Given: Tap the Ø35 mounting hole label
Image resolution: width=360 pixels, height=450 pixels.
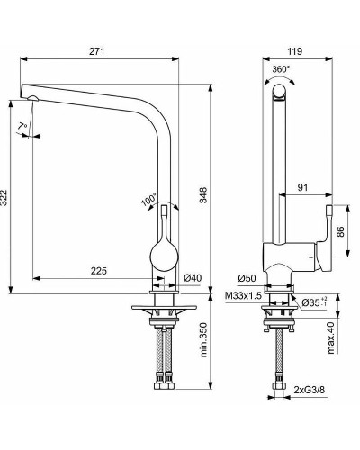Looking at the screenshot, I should [x=313, y=301].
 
